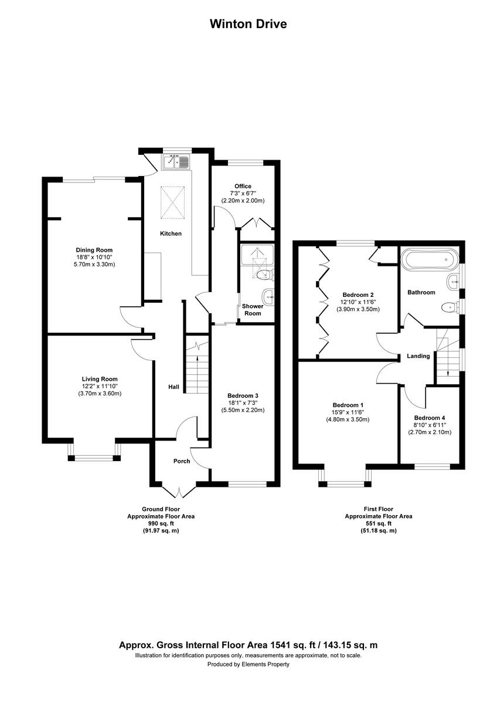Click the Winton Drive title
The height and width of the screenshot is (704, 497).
click(249, 24)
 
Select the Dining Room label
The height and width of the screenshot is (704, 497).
click(94, 250)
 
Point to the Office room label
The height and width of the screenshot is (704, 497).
click(243, 187)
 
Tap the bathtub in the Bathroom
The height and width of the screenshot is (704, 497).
click(429, 258)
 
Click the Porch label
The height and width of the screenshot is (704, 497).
click(182, 461)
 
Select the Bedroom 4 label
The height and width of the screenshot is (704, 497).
click(430, 418)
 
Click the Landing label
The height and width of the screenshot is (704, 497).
click(418, 356)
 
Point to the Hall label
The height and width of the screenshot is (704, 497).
click(174, 387)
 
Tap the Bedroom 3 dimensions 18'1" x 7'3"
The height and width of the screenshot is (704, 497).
click(243, 403)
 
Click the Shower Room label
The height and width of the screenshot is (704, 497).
click(253, 310)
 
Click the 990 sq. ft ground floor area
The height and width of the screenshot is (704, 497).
click(161, 523)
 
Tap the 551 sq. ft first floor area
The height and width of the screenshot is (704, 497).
click(378, 523)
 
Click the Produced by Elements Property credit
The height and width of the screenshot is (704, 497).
click(249, 665)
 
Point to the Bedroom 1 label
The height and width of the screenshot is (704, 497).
click(348, 405)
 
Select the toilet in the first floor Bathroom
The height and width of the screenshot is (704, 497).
click(450, 306)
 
